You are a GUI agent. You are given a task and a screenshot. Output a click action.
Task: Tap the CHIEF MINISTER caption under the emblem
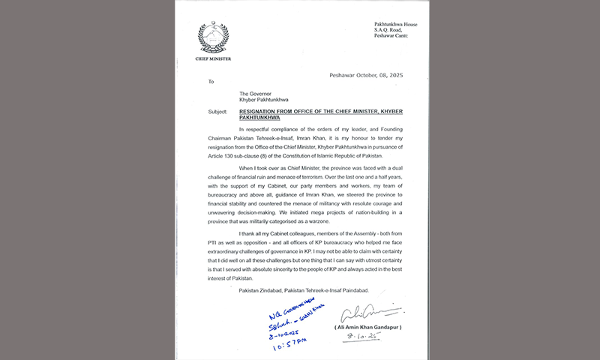tap(213, 58)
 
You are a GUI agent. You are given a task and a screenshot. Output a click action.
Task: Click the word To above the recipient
tap(211, 82)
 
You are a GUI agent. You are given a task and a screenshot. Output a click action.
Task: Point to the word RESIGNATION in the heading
tap(265, 111)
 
